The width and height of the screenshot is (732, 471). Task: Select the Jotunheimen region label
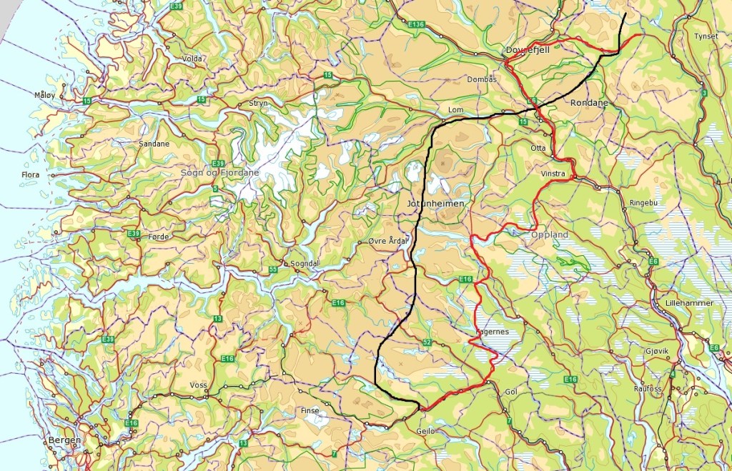(x=435, y=204)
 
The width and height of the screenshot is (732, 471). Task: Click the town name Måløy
(x=44, y=94)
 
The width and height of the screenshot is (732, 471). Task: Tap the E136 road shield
(x=417, y=25)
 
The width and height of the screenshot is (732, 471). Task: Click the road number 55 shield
(x=273, y=269)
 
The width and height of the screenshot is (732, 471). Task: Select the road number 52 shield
(x=426, y=343)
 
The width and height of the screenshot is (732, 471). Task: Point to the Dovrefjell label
(x=527, y=50)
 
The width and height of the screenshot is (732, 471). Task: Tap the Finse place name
(x=310, y=411)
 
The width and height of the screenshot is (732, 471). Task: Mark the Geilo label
(x=425, y=431)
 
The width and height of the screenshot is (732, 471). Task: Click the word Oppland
(x=550, y=234)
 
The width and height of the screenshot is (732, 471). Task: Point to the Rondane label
(x=589, y=103)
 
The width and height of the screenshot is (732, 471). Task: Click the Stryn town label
(x=258, y=104)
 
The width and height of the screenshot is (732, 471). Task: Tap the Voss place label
(x=198, y=385)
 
